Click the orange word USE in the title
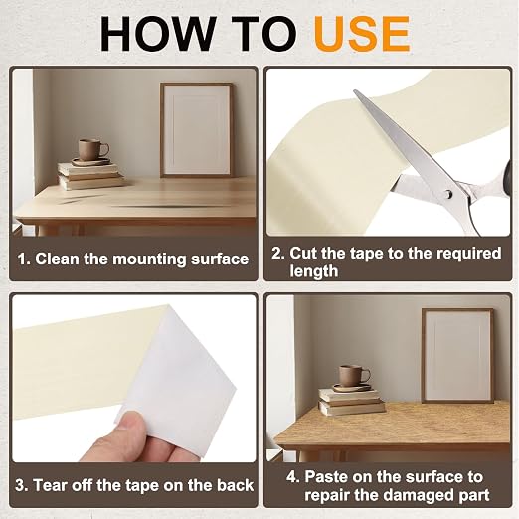pyautogui.click(x=362, y=34)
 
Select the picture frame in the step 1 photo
pyautogui.click(x=197, y=130)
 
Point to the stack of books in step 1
pyautogui.click(x=90, y=176)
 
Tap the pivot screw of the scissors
pyautogui.click(x=448, y=194)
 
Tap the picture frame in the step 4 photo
pyautogui.click(x=457, y=355)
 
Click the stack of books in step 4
pyautogui.click(x=351, y=402)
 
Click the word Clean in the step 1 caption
pyautogui.click(x=57, y=259)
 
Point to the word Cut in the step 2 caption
pyautogui.click(x=303, y=253)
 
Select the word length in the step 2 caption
pyautogui.click(x=314, y=271)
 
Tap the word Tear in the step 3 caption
pyautogui.click(x=50, y=485)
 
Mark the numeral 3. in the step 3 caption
pyautogui.click(x=22, y=486)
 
